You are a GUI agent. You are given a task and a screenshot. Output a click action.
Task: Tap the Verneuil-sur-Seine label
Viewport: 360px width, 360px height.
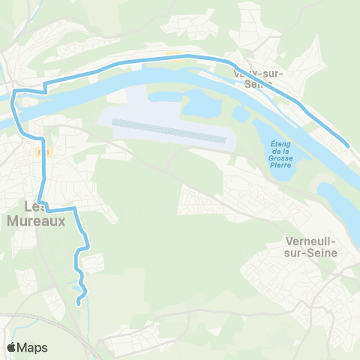point(312,247)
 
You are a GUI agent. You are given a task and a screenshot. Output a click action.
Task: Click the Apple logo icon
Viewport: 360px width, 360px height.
point(11,347)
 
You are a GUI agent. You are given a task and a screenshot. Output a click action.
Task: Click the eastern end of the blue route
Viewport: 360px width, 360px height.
point(348,145)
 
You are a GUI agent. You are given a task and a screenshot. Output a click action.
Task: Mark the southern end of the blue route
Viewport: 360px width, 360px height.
point(79,303)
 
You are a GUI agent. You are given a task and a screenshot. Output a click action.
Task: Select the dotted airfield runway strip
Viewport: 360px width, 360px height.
point(169,130)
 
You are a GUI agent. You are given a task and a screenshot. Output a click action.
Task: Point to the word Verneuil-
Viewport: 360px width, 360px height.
point(312,241)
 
